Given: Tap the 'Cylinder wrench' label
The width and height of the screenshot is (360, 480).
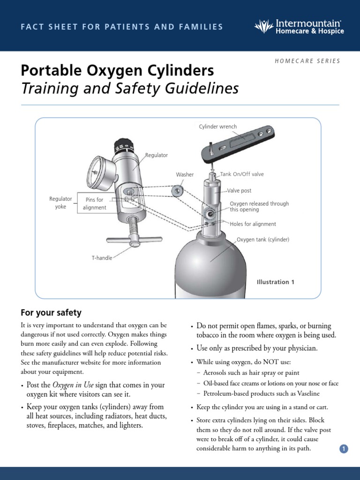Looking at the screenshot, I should pyautogui.click(x=218, y=127).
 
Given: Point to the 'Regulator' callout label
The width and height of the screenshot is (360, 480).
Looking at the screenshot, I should pyautogui.click(x=157, y=155).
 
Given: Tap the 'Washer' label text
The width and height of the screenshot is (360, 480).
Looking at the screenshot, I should pyautogui.click(x=185, y=175).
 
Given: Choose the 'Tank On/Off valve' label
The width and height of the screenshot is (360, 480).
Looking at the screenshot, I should pyautogui.click(x=245, y=174).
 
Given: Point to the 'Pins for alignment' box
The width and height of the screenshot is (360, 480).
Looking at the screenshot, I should pyautogui.click(x=95, y=203).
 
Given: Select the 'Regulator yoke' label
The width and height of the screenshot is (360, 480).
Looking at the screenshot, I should pyautogui.click(x=60, y=202).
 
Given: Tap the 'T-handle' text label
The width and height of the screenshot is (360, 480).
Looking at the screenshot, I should pyautogui.click(x=102, y=258).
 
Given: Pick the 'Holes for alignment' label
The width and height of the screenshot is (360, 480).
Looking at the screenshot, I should pyautogui.click(x=253, y=224).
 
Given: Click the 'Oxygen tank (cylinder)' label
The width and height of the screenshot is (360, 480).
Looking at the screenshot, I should pyautogui.click(x=262, y=240).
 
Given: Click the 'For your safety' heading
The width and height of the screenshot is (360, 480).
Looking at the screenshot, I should pyautogui.click(x=51, y=313).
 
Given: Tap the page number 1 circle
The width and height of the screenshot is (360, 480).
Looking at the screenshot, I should pyautogui.click(x=344, y=449).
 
